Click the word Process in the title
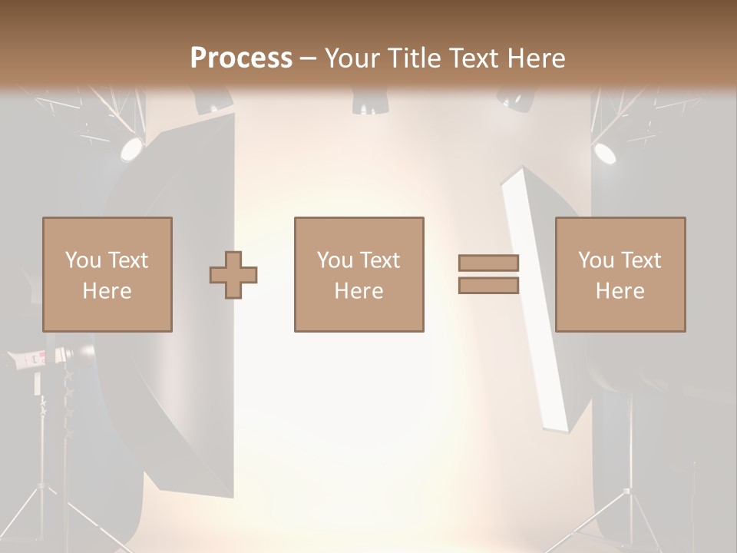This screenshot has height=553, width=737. point(241,58)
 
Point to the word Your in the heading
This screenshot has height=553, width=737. point(350,58)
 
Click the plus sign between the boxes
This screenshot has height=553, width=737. point(233,275)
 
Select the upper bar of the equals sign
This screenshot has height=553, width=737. point(488,263)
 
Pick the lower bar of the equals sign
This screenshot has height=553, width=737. point(488,286)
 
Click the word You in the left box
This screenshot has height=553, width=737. point(84,260)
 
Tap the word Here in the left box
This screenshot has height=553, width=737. point(107,291)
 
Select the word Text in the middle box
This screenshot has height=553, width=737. point(380,260)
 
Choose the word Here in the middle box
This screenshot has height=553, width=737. point(359,291)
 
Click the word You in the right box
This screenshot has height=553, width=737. point(597,260)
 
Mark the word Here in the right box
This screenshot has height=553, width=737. point(620,291)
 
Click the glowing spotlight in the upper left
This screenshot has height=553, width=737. point(131,148)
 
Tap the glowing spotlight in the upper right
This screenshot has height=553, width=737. point(605,152)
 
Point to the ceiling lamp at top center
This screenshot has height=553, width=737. point(365,101)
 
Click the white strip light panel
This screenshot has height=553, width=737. point(534,300)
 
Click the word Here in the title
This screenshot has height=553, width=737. point(537,58)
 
